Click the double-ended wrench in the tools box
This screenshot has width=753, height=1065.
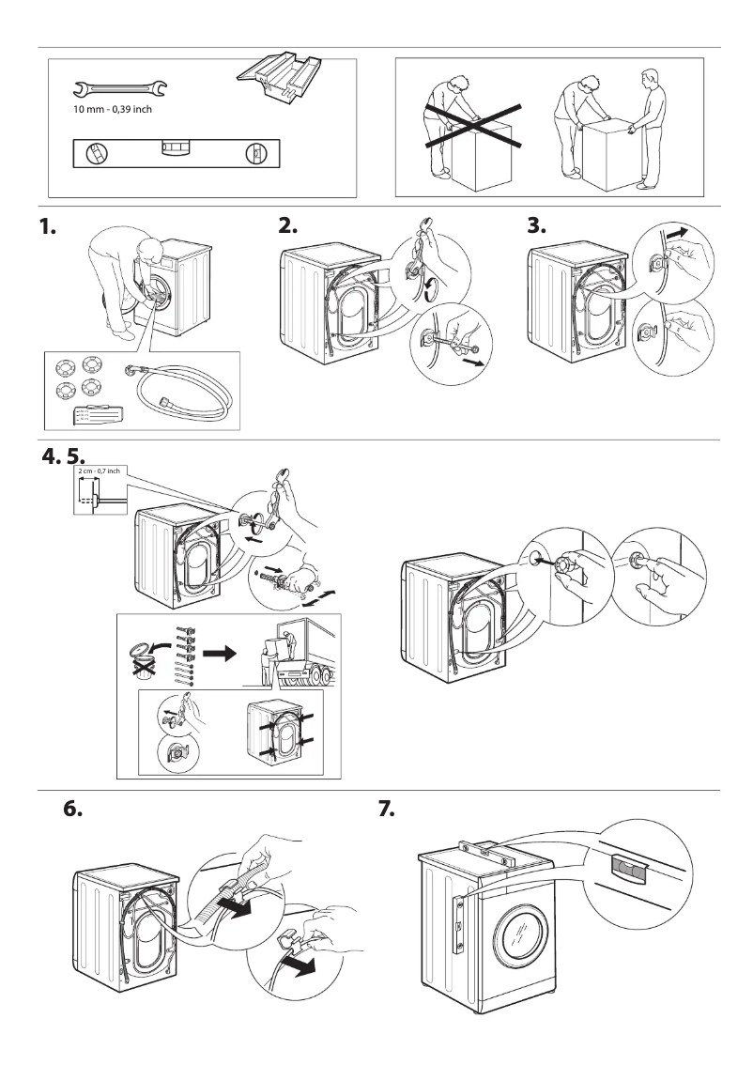click(118, 90)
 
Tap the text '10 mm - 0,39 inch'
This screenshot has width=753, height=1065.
click(113, 111)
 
